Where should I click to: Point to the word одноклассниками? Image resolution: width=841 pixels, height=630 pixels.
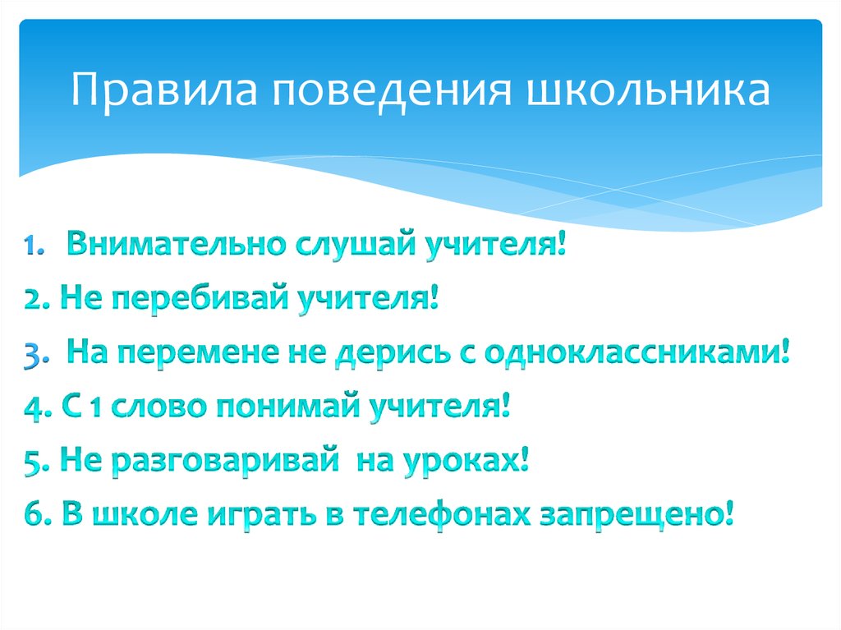click(638, 355)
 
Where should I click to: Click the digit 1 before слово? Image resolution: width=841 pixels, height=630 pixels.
click(94, 409)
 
